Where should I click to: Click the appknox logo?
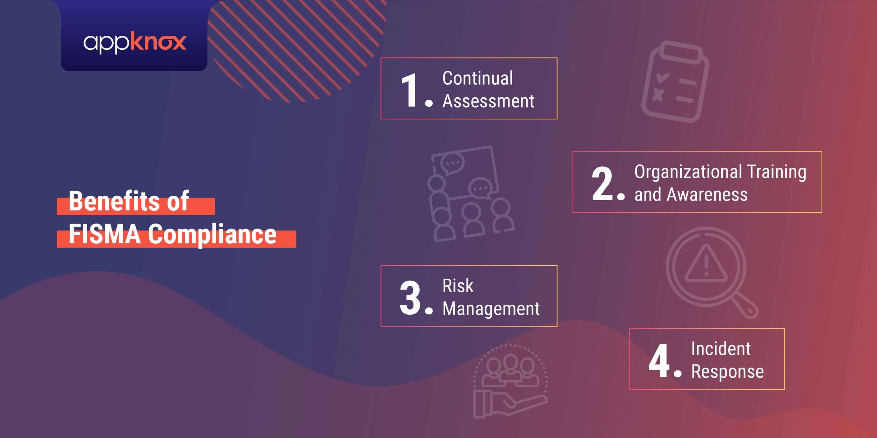(x=135, y=42)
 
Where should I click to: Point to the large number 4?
(x=659, y=361)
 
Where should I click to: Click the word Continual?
(x=478, y=78)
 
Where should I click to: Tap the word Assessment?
(x=488, y=101)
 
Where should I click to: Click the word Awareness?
(x=707, y=195)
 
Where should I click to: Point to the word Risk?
(x=458, y=286)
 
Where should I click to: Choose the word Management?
(x=491, y=309)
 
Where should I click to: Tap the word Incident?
(x=721, y=349)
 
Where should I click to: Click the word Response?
(x=727, y=372)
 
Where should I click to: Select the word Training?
(x=776, y=172)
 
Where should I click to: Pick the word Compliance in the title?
(x=212, y=235)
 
